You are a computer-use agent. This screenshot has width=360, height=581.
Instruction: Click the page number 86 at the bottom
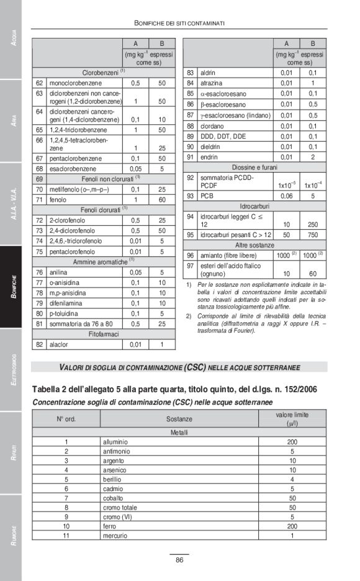[x=179, y=560]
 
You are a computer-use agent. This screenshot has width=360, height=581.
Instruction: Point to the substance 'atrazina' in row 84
[x=211, y=83]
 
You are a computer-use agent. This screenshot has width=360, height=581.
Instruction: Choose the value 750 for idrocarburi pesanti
[x=313, y=235]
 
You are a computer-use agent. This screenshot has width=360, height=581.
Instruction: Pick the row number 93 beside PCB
[x=190, y=196]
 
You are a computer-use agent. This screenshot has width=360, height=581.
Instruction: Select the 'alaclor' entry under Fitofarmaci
[x=60, y=345]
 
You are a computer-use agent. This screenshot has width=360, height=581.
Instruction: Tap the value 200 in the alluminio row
[x=292, y=441]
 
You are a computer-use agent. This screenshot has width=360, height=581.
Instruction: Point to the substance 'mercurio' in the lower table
[x=116, y=535]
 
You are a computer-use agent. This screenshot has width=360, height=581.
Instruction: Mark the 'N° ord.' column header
[x=66, y=419]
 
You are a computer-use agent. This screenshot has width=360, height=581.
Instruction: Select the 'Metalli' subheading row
[x=179, y=431]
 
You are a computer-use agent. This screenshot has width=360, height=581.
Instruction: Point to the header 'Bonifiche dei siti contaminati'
[x=179, y=23]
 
